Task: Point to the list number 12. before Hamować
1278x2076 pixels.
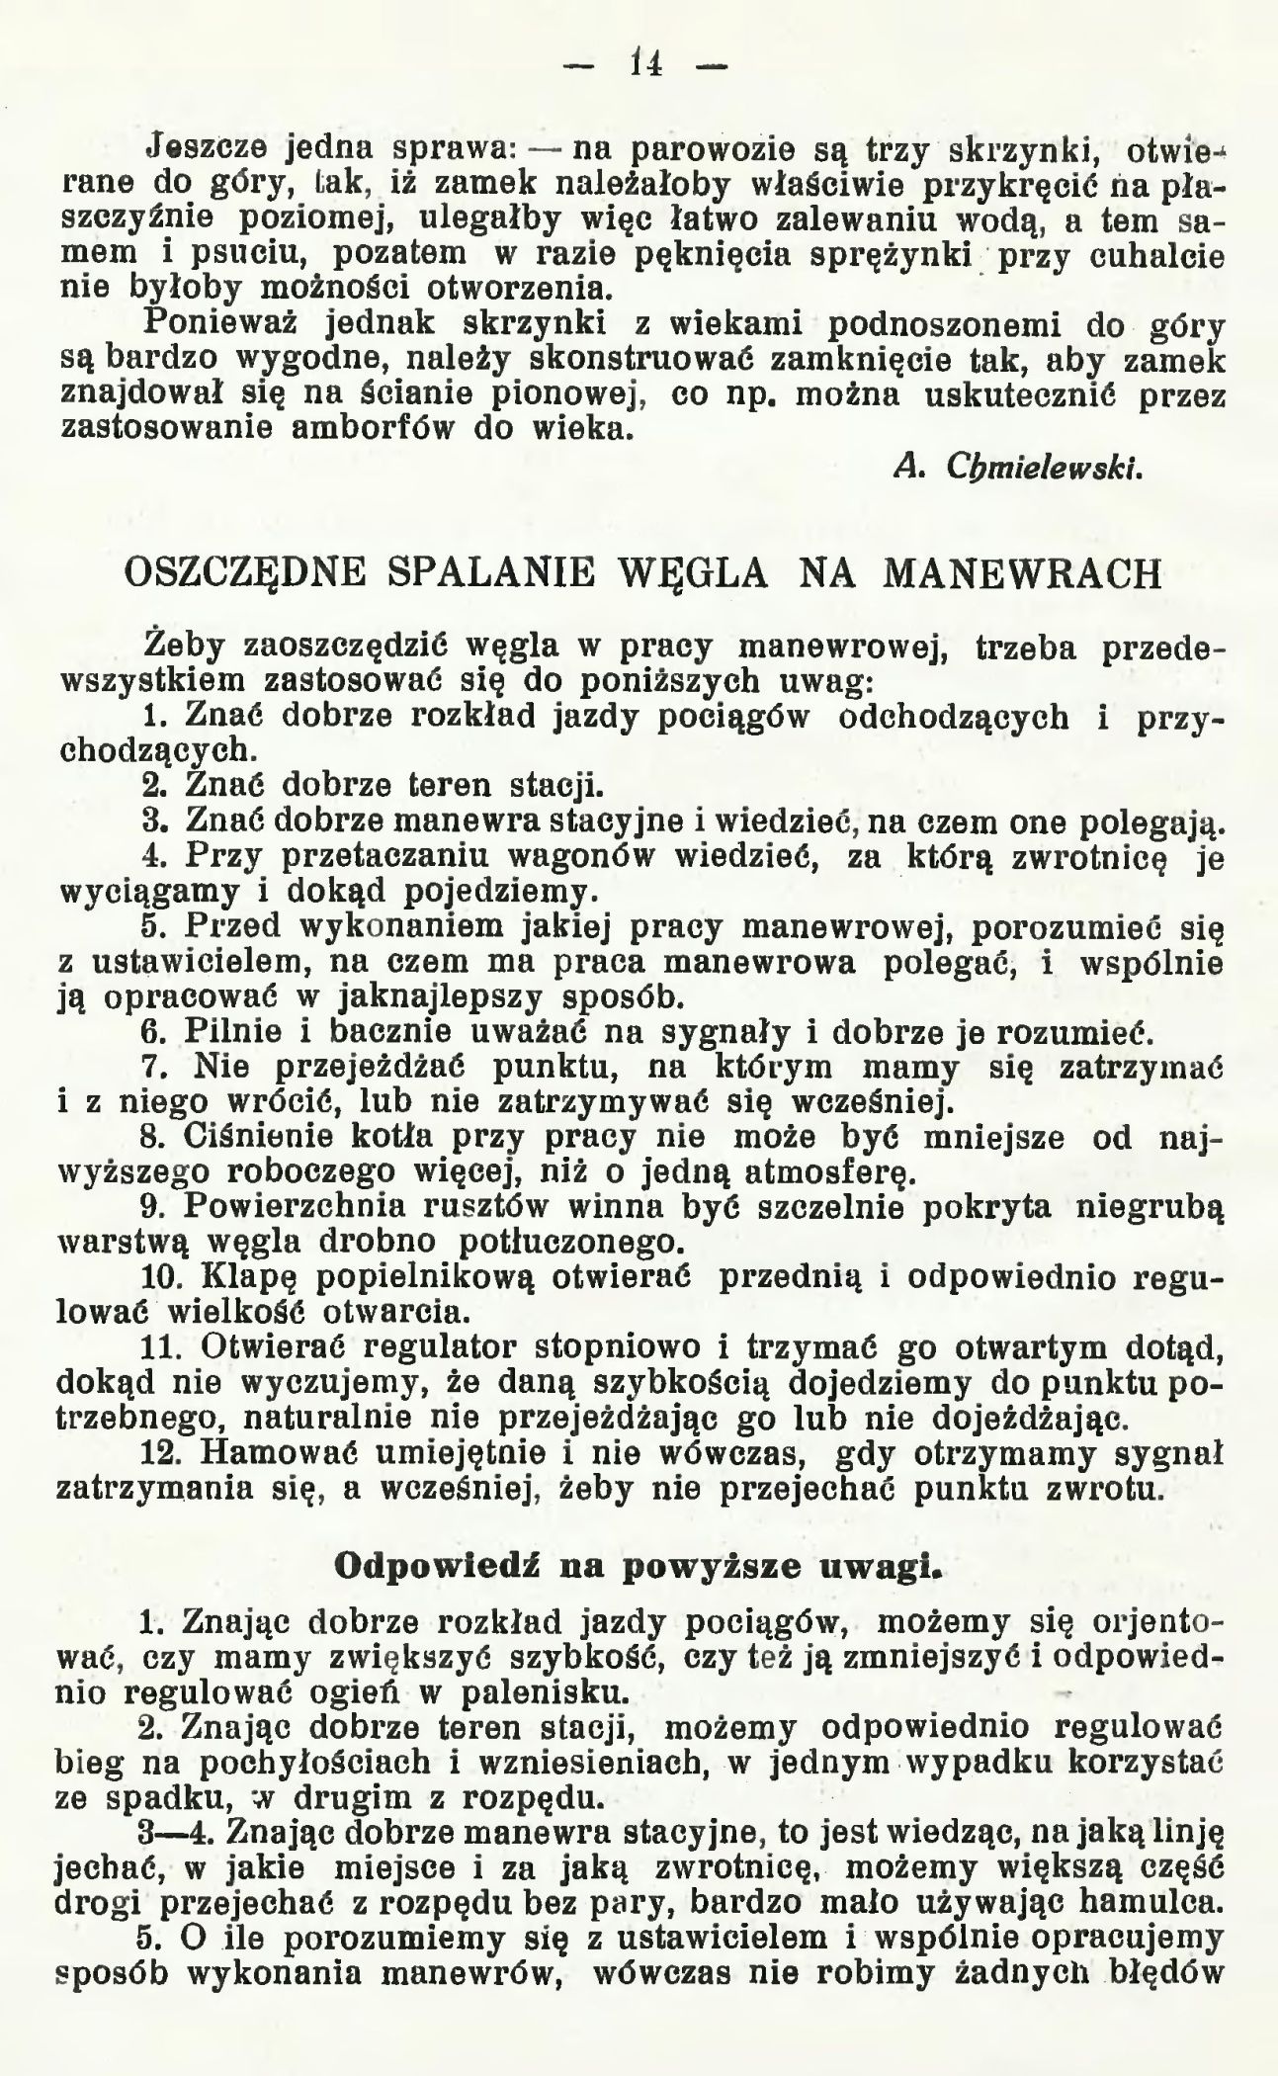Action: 163,1453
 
